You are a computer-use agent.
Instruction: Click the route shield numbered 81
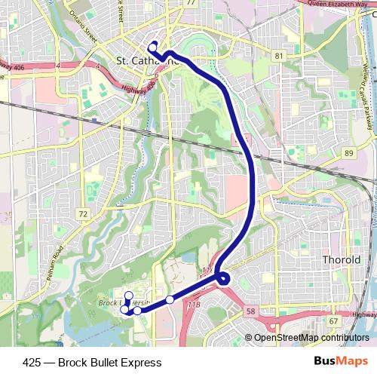279,57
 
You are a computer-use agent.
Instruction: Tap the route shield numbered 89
348,153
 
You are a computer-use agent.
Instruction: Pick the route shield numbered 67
333,320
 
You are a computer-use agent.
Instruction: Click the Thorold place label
342,259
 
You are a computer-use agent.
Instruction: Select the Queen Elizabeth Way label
339,4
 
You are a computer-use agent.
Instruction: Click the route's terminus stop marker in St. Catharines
153,45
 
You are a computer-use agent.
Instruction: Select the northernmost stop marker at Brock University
128,296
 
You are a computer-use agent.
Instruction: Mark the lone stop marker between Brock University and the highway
170,300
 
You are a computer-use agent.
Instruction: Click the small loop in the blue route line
225,280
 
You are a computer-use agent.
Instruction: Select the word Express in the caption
143,363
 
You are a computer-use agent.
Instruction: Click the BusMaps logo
341,362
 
